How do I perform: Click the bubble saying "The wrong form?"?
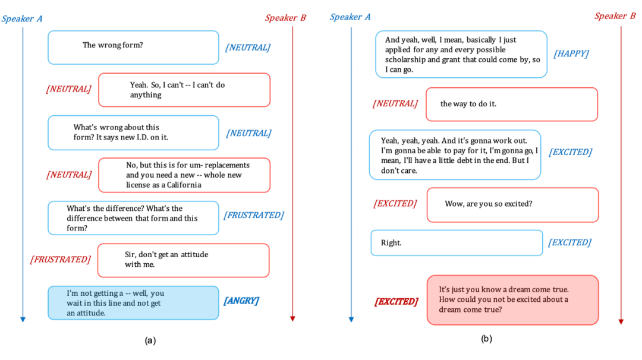(x=133, y=48)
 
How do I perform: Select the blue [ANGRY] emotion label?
(x=241, y=301)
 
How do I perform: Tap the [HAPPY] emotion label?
(x=571, y=53)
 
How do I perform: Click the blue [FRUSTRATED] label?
(x=253, y=215)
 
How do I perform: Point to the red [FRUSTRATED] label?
(x=61, y=259)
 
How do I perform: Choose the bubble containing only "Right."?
(x=457, y=242)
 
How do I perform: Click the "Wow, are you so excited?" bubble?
(x=512, y=204)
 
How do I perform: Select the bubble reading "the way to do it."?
(x=511, y=104)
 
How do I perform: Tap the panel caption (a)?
(x=150, y=340)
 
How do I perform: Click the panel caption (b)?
(x=486, y=339)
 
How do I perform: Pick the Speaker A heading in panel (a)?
(x=22, y=18)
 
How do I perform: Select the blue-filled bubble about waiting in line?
(x=133, y=303)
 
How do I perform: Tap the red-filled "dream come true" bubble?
(x=512, y=300)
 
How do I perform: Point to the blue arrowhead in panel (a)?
(x=23, y=320)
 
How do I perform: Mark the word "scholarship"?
(x=406, y=60)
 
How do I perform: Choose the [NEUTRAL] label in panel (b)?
(x=395, y=103)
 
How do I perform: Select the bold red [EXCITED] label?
(x=396, y=301)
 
